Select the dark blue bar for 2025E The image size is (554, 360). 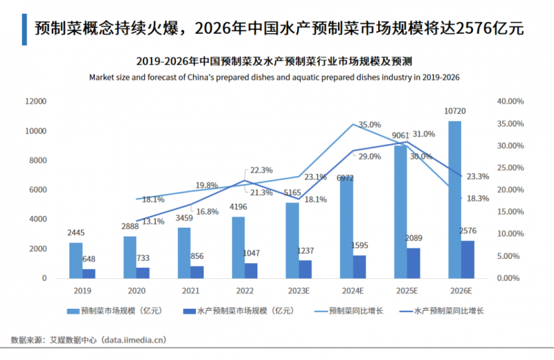[413, 263]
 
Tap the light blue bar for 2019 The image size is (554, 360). [75, 260]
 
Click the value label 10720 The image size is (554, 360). [454, 111]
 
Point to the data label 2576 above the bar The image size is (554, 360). [468, 231]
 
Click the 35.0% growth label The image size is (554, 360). [370, 125]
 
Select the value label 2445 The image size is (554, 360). [76, 233]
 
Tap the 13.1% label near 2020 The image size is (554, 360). [154, 222]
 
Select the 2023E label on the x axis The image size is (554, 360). [298, 291]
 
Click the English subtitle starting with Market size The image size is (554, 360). [274, 78]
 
